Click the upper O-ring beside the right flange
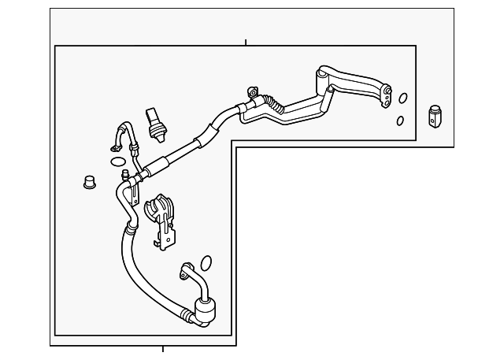pos(403,99)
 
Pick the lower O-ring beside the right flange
pos(400,121)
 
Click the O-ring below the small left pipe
pos(117,162)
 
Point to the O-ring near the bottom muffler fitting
pos(206,262)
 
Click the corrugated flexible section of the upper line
pos(273,102)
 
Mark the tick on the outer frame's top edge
pos(246,42)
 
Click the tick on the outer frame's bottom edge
pos(163,347)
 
